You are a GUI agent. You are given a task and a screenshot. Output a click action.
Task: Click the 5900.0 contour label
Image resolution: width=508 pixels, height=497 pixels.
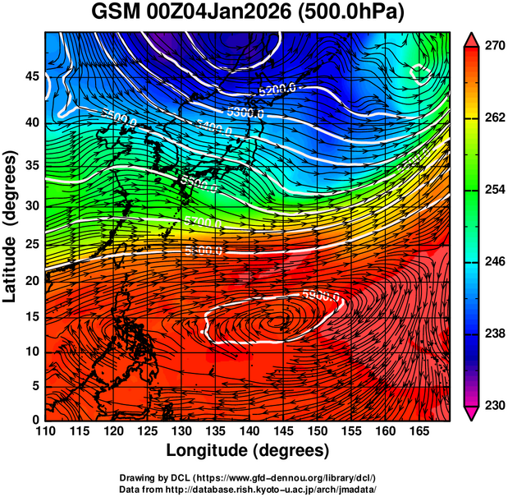[321, 294]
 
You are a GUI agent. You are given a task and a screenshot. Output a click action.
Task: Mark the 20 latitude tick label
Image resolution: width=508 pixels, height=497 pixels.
[30, 280]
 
